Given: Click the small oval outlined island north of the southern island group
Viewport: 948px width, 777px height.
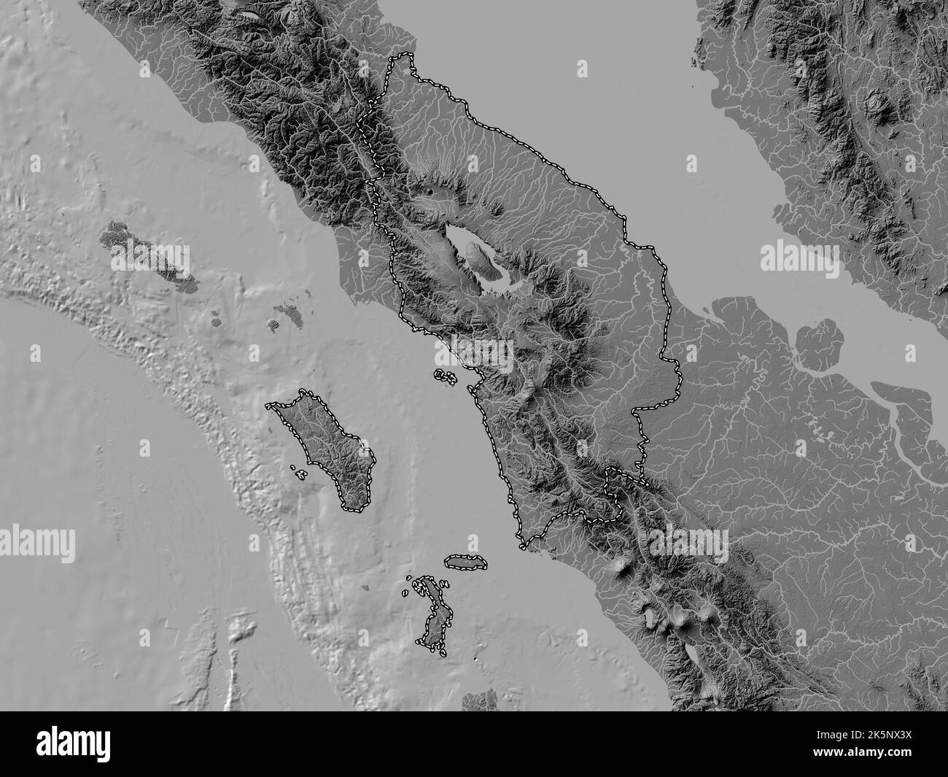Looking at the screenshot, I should coord(466,561).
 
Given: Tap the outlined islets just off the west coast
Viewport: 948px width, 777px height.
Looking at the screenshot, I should coord(446,376).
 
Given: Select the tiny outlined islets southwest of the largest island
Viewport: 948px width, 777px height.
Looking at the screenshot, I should coord(298,472).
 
